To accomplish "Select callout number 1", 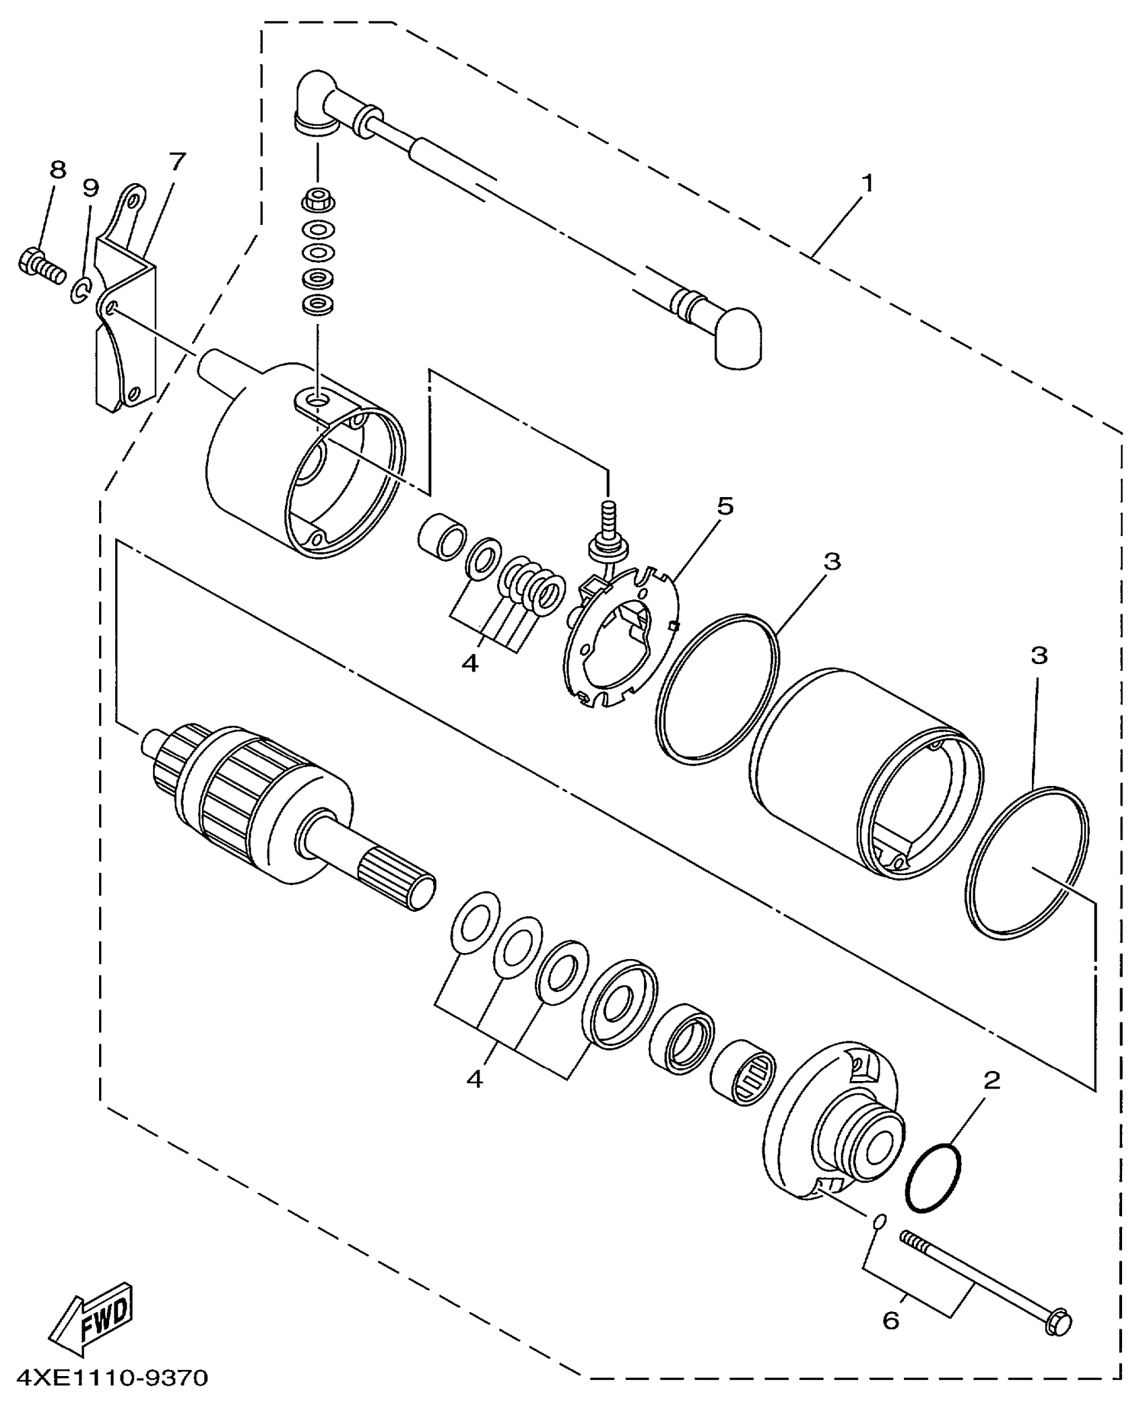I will [x=868, y=183].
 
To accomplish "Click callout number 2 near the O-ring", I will [x=991, y=1082].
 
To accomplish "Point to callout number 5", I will [x=725, y=506].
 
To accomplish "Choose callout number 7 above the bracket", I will [x=176, y=162].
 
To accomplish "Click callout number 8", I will [x=58, y=170].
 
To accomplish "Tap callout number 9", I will [x=90, y=187].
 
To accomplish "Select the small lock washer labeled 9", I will [x=79, y=290].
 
